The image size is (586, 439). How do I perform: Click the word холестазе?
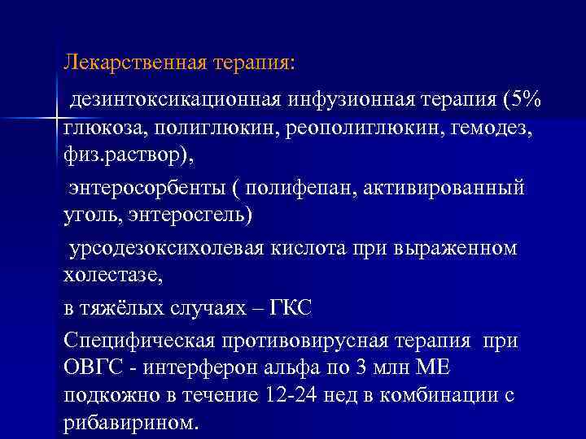point(111,276)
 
